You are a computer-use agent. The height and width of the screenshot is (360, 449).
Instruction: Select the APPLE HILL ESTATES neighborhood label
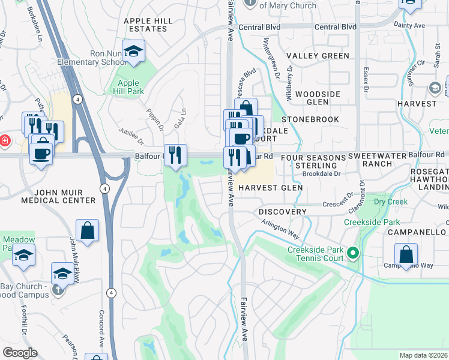tap(148, 25)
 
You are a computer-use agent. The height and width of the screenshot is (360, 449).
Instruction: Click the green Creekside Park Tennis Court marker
tap(354, 254)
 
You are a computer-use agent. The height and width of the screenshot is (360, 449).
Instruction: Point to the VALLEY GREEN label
tap(318, 56)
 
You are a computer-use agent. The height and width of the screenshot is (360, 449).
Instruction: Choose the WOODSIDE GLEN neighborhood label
tap(318, 98)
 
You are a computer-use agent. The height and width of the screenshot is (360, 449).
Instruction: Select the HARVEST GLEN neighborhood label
tap(270, 188)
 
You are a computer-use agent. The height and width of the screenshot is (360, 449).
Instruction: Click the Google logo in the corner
tap(20, 353)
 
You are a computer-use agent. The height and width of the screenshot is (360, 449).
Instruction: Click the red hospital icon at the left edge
tap(4, 140)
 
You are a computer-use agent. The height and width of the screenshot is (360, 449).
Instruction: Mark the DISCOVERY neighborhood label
tap(282, 212)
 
